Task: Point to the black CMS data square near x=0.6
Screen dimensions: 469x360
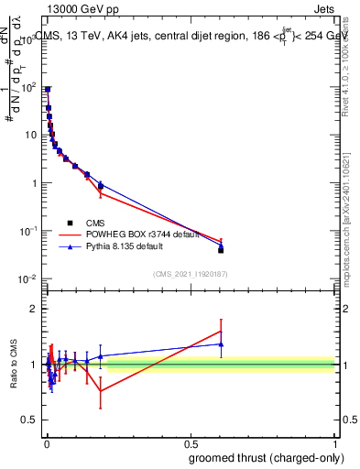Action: [221, 249]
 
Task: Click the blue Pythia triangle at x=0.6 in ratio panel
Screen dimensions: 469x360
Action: [221, 344]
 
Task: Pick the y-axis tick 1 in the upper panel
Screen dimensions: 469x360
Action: [36, 182]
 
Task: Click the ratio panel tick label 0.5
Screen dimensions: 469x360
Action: [31, 420]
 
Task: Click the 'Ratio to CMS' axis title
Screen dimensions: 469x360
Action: [14, 365]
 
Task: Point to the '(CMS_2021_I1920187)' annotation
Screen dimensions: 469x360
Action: [191, 273]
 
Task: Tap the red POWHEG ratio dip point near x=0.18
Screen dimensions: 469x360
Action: [101, 391]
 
